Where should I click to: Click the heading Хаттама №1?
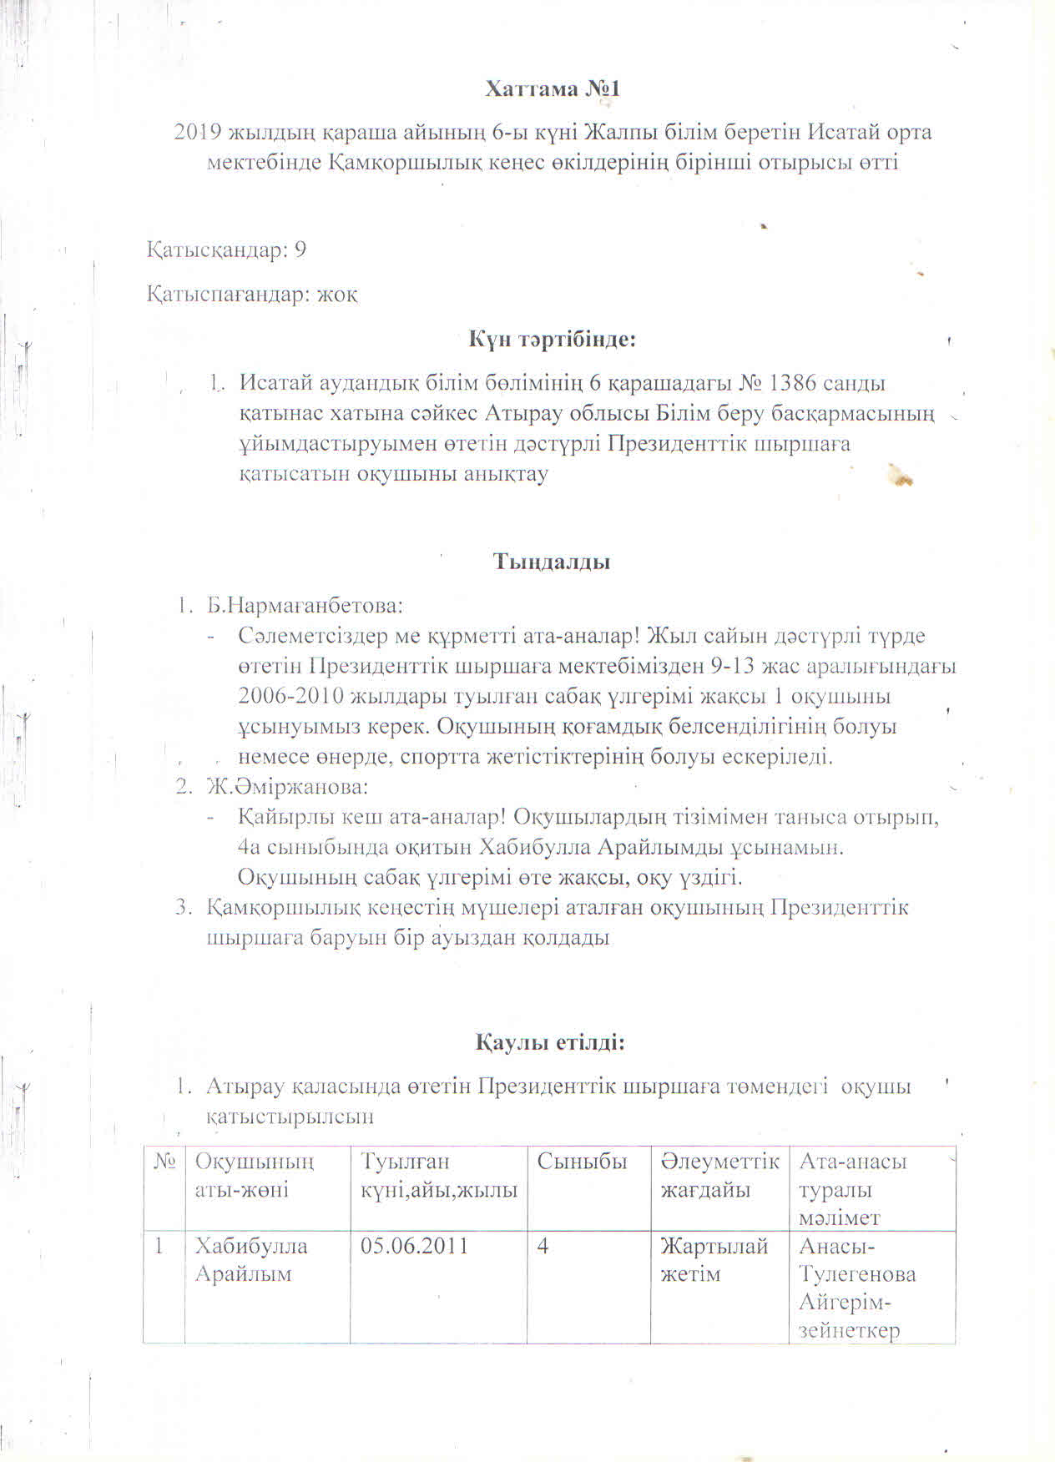pyautogui.click(x=553, y=89)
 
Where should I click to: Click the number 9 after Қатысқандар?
pyautogui.click(x=300, y=250)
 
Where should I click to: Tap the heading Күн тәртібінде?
pyautogui.click(x=552, y=340)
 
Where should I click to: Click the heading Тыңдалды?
pyautogui.click(x=552, y=562)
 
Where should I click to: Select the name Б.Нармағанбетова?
pyautogui.click(x=305, y=604)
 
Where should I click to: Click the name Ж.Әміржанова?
pyautogui.click(x=288, y=786)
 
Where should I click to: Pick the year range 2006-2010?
pyautogui.click(x=289, y=696)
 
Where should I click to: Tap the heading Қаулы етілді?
pyautogui.click(x=551, y=1042)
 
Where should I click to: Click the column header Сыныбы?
pyautogui.click(x=582, y=1162)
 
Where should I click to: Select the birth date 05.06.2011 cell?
pyautogui.click(x=415, y=1247)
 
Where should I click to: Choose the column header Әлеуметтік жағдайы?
pyautogui.click(x=719, y=1175)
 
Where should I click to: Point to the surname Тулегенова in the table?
pyautogui.click(x=857, y=1275)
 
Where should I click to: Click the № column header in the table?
pyautogui.click(x=164, y=1162)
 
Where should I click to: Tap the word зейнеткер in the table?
pyautogui.click(x=849, y=1331)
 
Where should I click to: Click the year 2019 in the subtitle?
pyautogui.click(x=198, y=133)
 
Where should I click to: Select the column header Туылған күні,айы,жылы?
pyautogui.click(x=439, y=1175)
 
